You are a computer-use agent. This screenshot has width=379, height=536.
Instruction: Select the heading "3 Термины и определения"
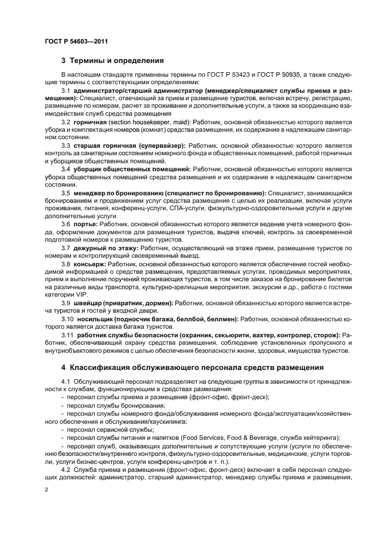(x=112, y=60)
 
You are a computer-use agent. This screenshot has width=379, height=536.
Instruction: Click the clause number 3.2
(x=65, y=122)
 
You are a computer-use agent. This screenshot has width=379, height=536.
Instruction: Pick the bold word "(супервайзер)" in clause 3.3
(x=160, y=146)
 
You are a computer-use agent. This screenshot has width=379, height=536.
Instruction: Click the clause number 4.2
(x=66, y=468)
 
